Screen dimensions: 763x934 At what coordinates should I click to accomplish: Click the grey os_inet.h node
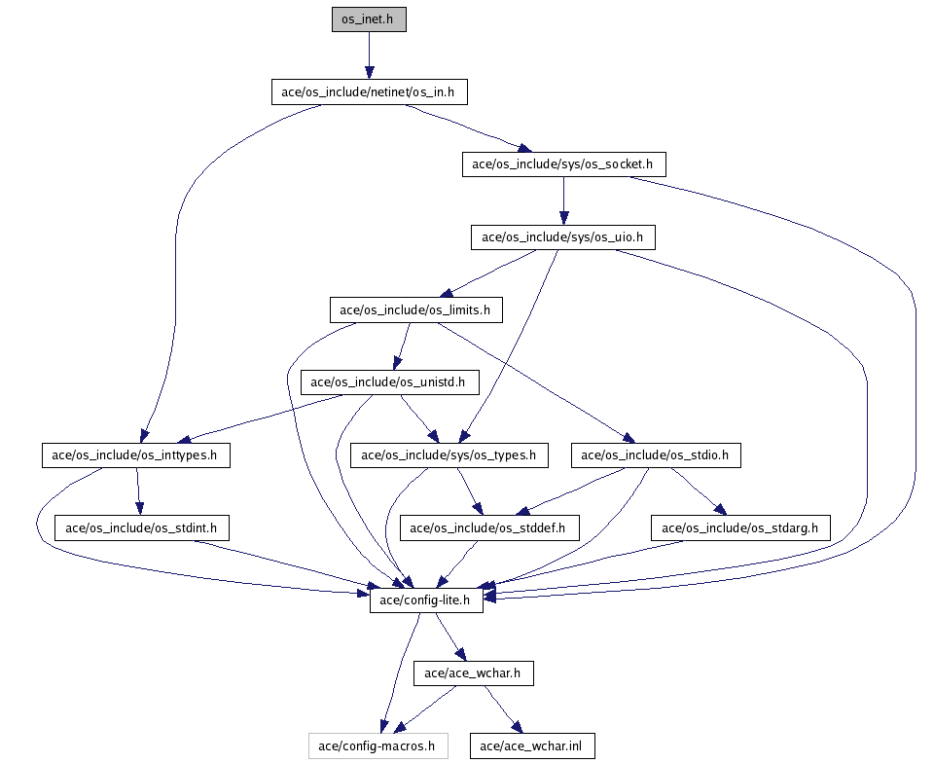click(369, 19)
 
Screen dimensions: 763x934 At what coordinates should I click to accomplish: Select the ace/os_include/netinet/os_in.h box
click(369, 92)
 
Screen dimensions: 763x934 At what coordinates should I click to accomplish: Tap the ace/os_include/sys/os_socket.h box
click(563, 164)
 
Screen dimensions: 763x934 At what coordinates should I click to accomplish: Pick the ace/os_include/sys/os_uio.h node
click(563, 236)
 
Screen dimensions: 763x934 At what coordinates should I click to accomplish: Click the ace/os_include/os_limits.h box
click(416, 310)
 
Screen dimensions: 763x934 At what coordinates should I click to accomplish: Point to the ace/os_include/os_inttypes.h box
click(135, 454)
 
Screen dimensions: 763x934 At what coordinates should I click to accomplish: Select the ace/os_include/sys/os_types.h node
click(449, 454)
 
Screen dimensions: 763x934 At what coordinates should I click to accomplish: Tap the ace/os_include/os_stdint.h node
click(141, 528)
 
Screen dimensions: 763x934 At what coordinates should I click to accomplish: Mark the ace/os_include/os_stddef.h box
click(489, 528)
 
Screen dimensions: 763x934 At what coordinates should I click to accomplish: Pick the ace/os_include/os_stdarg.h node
click(740, 528)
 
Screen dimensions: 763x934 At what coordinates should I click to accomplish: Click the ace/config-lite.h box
click(426, 600)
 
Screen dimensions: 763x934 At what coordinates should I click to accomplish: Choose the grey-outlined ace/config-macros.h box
click(378, 746)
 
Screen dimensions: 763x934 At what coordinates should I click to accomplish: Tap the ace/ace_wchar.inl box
click(532, 746)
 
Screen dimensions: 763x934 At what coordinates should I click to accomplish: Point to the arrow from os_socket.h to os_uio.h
click(563, 200)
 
